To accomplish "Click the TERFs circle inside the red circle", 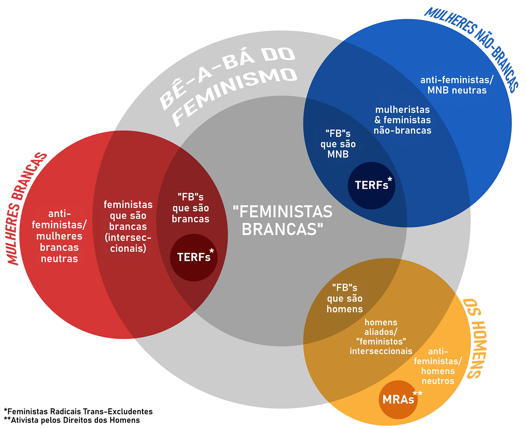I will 194,257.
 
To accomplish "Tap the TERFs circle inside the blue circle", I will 371,185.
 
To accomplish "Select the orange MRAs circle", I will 398,399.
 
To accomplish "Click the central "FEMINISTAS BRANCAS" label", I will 282,220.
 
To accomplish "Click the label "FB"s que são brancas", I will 191,208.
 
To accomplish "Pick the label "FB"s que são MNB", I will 338,144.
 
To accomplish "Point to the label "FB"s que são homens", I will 345,298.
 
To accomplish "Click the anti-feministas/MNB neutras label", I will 457,85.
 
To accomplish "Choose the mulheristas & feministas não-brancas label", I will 402,120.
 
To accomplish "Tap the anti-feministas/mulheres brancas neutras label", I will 59,236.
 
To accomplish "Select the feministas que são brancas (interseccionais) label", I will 128,226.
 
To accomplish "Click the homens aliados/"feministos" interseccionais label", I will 381,337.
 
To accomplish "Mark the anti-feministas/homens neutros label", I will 438,366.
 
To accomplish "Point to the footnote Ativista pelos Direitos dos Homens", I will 72,420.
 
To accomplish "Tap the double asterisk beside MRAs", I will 418,393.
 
